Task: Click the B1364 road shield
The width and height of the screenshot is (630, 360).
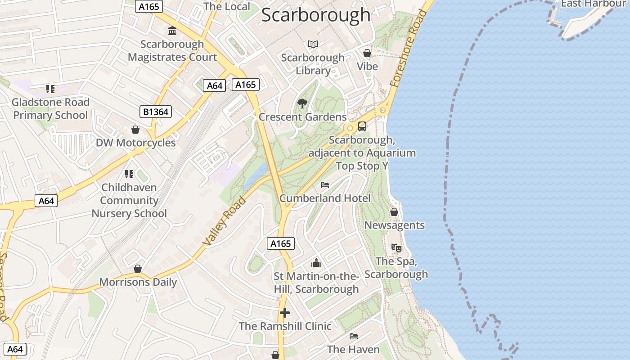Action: pyautogui.click(x=156, y=112)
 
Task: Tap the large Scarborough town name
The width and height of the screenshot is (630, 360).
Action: pyautogui.click(x=315, y=15)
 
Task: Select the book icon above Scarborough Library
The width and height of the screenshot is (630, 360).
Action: pyautogui.click(x=313, y=44)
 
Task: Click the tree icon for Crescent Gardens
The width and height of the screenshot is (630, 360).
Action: pyautogui.click(x=302, y=104)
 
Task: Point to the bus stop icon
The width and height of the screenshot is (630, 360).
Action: pyautogui.click(x=362, y=126)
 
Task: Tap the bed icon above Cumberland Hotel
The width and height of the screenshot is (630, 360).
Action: pyautogui.click(x=325, y=185)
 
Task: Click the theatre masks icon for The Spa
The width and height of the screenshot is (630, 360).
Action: pyautogui.click(x=396, y=247)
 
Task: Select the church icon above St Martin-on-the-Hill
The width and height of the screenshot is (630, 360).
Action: pyautogui.click(x=316, y=263)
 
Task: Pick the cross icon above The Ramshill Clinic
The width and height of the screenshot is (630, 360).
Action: pyautogui.click(x=285, y=313)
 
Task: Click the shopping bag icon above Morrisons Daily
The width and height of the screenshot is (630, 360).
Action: pyautogui.click(x=138, y=269)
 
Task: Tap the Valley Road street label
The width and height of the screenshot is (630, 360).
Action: pyautogui.click(x=225, y=221)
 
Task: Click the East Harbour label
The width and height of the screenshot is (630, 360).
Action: pyautogui.click(x=593, y=4)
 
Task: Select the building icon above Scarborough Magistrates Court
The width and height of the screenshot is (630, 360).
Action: pyautogui.click(x=172, y=31)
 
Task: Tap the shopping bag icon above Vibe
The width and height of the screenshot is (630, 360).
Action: pyautogui.click(x=367, y=53)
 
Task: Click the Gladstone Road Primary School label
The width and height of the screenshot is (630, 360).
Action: pyautogui.click(x=50, y=108)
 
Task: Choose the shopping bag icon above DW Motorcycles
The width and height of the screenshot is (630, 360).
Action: pyautogui.click(x=135, y=130)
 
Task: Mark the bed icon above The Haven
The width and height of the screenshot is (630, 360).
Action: pyautogui.click(x=354, y=336)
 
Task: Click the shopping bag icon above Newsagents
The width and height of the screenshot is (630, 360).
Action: pyautogui.click(x=394, y=212)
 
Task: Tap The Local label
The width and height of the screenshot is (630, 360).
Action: pyautogui.click(x=226, y=6)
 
